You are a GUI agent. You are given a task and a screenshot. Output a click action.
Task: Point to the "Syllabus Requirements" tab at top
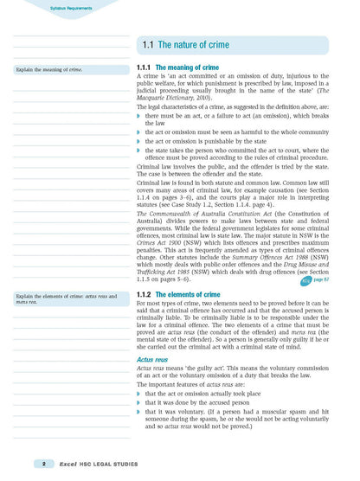click(x=47, y=8)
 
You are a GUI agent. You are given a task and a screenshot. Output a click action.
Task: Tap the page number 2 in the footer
click(x=32, y=465)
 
